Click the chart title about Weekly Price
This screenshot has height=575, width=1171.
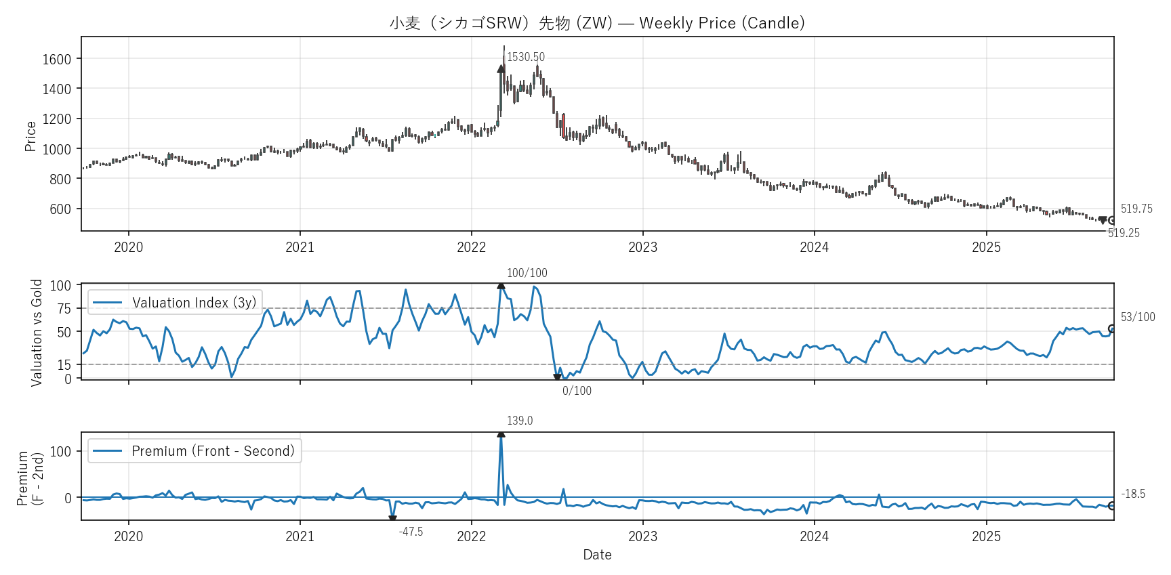coord(597,23)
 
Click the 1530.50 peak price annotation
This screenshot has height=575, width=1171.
coord(526,58)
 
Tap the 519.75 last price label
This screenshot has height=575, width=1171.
coord(1136,209)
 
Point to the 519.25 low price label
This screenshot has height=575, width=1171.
coord(1124,233)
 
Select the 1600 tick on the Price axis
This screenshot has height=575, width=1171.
coord(57,60)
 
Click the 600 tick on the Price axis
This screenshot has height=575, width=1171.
coord(60,209)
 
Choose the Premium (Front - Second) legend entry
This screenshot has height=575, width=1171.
coord(194,451)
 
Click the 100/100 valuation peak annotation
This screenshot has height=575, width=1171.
coord(527,273)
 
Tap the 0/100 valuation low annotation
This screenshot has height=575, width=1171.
coord(577,391)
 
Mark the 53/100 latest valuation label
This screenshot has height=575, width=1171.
coord(1138,317)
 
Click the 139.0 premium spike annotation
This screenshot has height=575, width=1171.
coord(520,421)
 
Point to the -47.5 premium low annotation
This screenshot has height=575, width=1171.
coord(411,532)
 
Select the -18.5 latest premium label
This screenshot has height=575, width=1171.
coord(1133,494)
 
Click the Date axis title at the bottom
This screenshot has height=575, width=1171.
coord(597,555)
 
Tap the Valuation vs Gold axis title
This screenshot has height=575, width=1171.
coord(37,333)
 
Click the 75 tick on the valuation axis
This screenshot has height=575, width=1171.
coord(64,309)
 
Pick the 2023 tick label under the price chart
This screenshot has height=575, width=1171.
coord(642,247)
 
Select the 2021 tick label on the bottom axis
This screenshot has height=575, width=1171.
coord(300,536)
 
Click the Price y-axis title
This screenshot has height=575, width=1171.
coord(30,136)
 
